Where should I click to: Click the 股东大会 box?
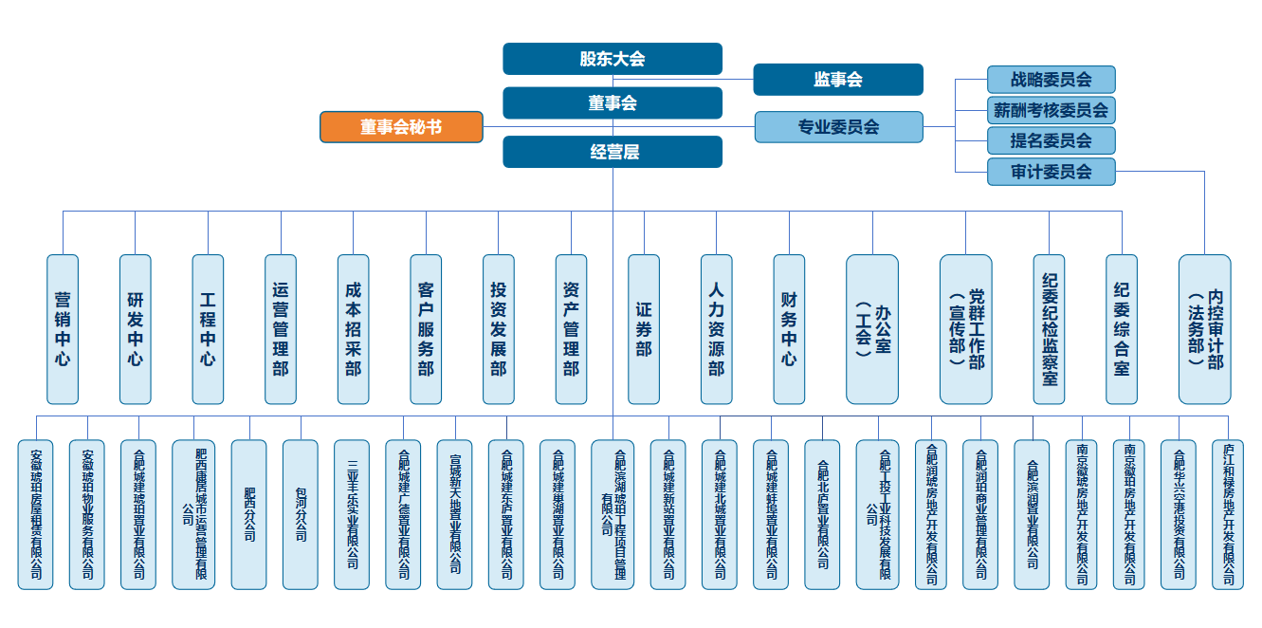pos(613,59)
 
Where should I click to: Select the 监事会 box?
pos(838,80)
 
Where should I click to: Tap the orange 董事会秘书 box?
pos(401,127)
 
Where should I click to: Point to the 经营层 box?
pos(613,152)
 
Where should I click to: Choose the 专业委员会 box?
pos(839,127)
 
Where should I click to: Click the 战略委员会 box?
pos(1051,80)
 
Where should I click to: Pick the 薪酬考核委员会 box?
pos(1051,110)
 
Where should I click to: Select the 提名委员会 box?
pos(1051,140)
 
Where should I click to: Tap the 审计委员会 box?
pos(1051,172)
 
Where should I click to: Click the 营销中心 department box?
pos(63,328)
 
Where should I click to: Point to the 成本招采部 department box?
pos(354,328)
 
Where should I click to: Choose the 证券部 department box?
pos(644,328)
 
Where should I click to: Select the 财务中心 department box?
pos(789,328)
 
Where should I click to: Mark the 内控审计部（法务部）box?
pos(1205,328)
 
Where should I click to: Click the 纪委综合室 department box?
pos(1122,328)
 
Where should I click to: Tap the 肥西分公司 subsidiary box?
pos(249,513)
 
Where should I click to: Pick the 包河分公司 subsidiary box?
pos(301,513)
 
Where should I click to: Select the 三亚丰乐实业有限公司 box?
pos(352,513)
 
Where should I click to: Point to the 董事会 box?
pos(613,103)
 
